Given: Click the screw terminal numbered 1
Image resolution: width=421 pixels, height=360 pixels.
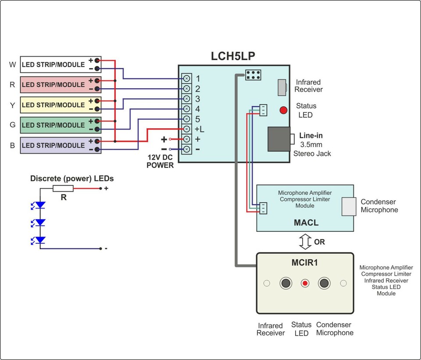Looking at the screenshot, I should (186, 79).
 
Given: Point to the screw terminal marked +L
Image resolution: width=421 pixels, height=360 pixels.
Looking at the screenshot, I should (186, 129).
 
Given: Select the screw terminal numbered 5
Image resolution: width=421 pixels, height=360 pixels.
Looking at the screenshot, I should (186, 119).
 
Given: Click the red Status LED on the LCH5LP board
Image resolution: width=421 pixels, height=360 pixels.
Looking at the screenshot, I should (284, 110).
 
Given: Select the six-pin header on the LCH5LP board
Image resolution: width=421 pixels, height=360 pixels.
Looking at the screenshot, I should (253, 75).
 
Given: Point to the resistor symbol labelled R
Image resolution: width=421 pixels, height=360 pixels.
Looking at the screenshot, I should (63, 188).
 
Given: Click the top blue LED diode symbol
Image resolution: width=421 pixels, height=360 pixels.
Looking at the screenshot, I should (40, 205).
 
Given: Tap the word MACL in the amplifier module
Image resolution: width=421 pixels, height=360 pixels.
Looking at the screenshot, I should (306, 223).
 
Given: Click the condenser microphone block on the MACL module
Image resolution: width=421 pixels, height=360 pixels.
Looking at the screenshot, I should (349, 206).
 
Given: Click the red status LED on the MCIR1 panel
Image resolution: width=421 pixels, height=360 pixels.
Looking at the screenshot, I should (305, 283).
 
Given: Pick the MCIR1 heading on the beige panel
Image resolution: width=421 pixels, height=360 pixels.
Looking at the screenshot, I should (304, 263).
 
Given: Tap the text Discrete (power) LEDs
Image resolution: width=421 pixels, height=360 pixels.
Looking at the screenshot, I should (72, 178).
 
